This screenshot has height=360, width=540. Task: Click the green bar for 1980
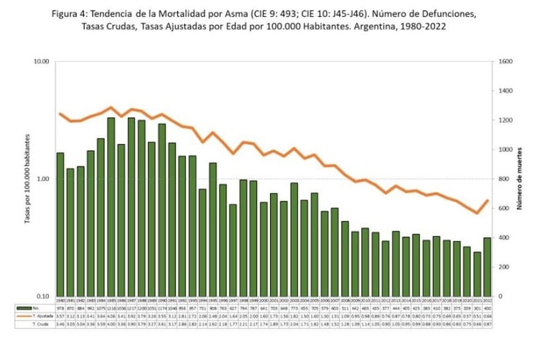pyautogui.click(x=60, y=224)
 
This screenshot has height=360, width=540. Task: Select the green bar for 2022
pyautogui.click(x=487, y=267)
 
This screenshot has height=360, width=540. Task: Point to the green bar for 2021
pyautogui.click(x=477, y=274)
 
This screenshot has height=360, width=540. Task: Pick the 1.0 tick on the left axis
pyautogui.click(x=43, y=179)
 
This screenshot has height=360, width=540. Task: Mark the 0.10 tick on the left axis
pyautogui.click(x=42, y=296)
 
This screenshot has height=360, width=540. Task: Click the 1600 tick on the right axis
pyautogui.click(x=504, y=61)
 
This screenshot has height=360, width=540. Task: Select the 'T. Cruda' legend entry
pyautogui.click(x=42, y=323)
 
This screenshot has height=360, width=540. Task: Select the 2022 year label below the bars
pyautogui.click(x=487, y=300)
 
